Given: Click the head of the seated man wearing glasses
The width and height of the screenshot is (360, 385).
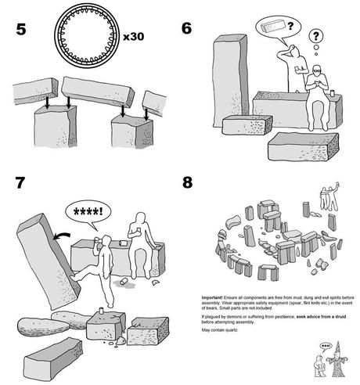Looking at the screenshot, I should tap(315, 72).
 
